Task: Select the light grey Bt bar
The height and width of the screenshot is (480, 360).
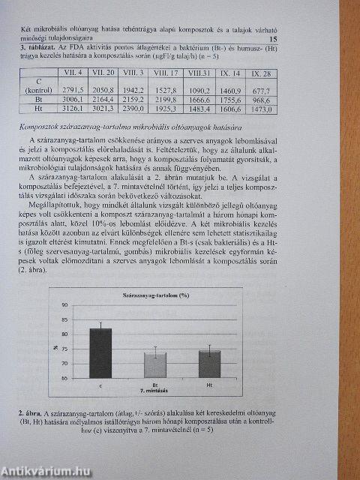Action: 154,366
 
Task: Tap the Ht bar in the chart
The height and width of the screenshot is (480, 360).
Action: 209,365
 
